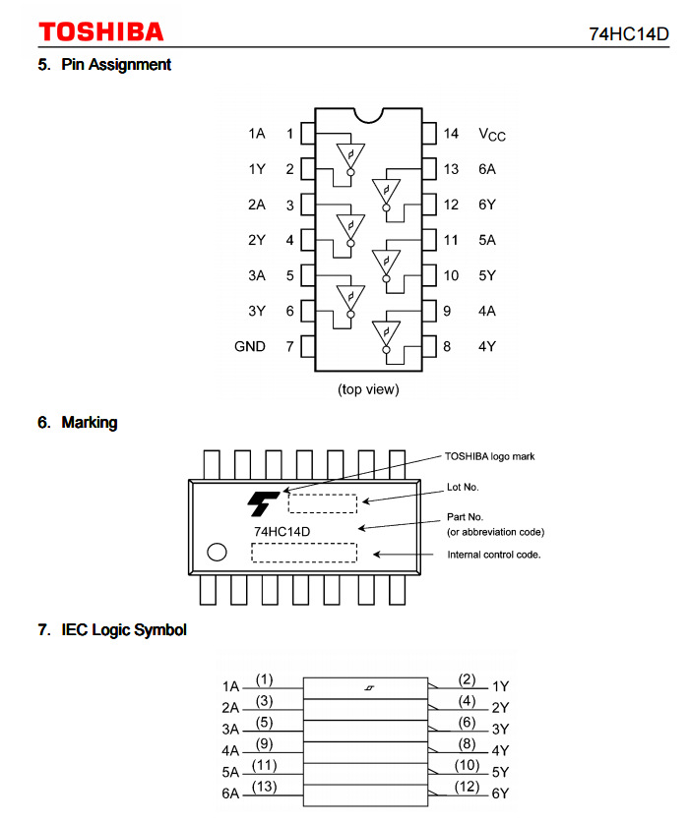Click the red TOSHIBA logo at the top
101,32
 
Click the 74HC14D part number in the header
629,34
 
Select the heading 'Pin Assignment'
116,65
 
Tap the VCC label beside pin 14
492,135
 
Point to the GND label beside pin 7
250,346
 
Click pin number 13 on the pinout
451,169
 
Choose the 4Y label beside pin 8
487,346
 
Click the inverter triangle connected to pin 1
350,156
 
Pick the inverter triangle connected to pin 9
386,333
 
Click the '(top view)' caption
368,389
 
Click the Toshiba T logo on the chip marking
263,503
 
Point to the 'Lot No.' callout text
463,487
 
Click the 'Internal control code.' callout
494,555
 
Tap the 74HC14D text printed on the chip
282,532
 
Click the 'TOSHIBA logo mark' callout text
490,456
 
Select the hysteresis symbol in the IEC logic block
369,687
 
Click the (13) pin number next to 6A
264,787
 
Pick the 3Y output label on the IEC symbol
500,729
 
